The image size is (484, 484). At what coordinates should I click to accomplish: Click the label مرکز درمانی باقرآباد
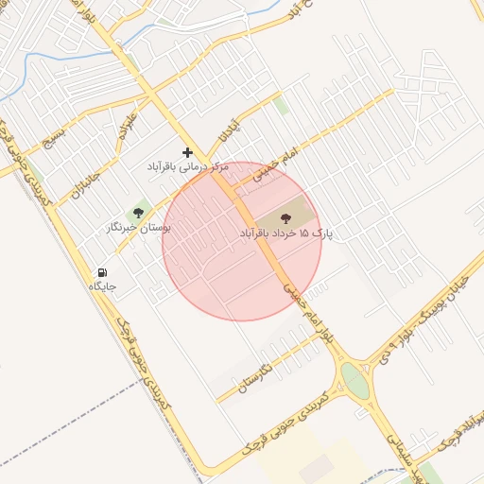(188, 166)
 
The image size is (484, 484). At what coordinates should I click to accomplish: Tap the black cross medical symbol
(188, 152)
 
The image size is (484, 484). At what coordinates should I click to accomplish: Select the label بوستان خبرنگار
(139, 228)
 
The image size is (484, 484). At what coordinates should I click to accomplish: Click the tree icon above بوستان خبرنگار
(139, 214)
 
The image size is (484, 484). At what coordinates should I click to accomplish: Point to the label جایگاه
(102, 285)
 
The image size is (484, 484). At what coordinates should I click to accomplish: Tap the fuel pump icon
(102, 272)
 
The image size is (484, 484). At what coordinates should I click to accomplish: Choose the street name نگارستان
(253, 376)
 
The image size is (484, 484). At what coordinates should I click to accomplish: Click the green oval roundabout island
(354, 380)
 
